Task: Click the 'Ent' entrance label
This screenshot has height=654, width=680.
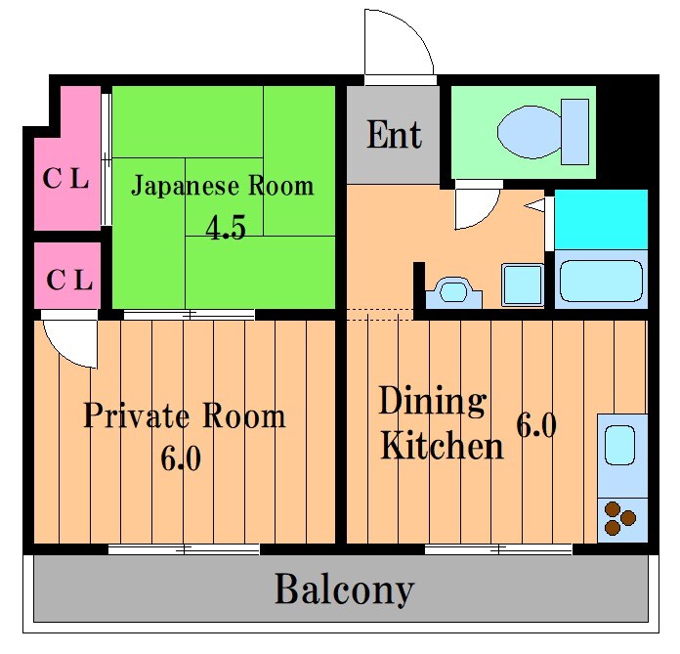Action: [x=394, y=135]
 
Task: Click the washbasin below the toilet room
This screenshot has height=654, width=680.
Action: [x=454, y=291]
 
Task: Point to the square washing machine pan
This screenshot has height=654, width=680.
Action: [x=522, y=284]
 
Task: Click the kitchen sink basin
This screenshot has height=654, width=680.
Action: [x=620, y=445]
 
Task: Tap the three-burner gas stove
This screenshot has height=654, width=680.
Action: [x=618, y=518]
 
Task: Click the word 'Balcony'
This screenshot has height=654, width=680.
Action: [x=344, y=589]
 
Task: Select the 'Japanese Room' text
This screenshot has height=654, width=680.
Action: [x=223, y=185]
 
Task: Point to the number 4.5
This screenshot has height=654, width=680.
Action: [x=226, y=228]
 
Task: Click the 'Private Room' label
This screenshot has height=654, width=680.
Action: [x=184, y=415]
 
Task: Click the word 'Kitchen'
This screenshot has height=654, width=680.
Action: [x=442, y=447]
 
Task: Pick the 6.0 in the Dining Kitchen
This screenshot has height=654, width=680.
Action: [x=535, y=426]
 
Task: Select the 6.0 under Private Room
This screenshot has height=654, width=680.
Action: [x=182, y=458]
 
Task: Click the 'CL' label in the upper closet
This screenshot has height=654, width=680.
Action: [x=65, y=179]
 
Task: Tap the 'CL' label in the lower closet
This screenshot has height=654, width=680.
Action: [x=69, y=280]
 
